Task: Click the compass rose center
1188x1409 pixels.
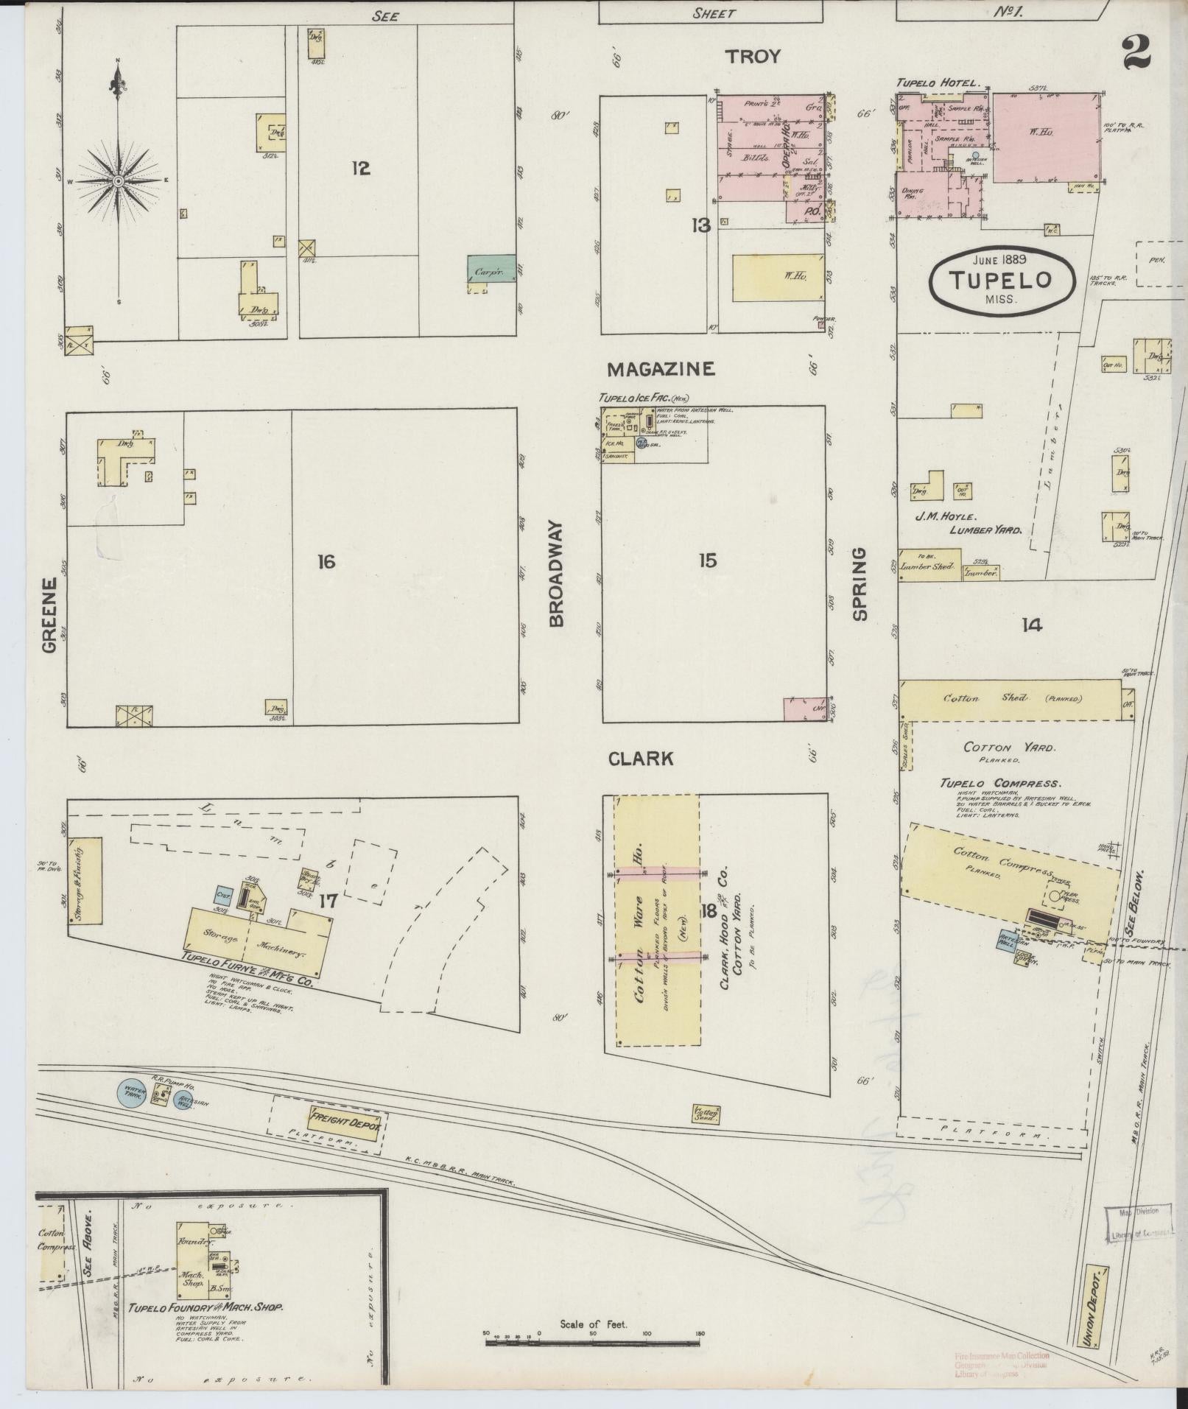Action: point(118,180)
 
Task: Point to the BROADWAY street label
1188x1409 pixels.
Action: point(557,575)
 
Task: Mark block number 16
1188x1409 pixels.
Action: point(326,563)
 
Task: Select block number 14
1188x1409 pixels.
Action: point(1031,625)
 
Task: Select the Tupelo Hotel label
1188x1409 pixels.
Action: point(938,83)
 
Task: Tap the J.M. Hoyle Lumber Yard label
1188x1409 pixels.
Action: point(965,522)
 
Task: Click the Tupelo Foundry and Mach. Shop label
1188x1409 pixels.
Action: point(206,1309)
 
